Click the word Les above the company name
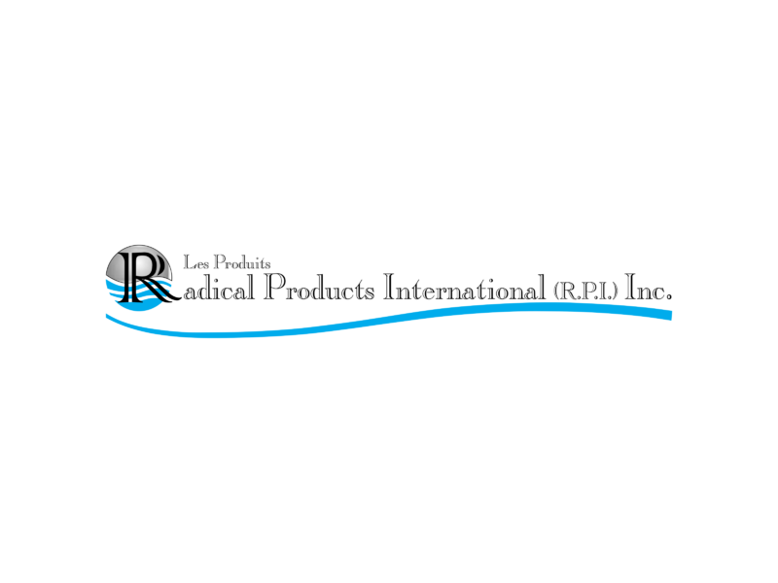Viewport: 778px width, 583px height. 196,262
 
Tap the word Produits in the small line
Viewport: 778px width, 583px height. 242,261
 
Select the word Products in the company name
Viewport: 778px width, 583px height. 319,287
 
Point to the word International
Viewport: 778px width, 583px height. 465,288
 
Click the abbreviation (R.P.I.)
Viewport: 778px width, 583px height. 586,291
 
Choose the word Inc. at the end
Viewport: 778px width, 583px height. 649,287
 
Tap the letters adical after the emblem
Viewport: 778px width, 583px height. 220,288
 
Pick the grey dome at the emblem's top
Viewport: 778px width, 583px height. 139,262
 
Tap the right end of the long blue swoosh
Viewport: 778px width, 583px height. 671,315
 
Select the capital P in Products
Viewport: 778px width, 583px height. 274,287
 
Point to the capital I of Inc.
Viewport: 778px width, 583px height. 630,287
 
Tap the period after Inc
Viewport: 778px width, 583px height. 669,297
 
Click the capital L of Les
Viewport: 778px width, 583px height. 189,262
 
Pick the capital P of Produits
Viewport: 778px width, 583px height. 220,261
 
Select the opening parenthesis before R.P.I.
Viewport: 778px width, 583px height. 556,291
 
